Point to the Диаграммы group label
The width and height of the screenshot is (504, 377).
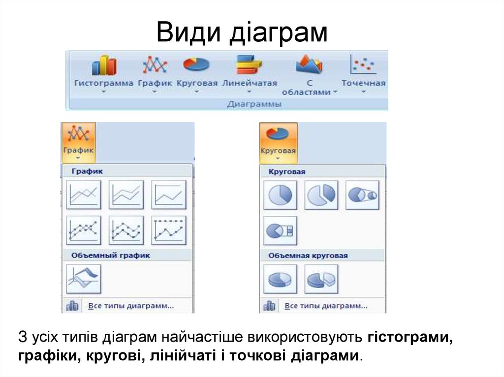254,104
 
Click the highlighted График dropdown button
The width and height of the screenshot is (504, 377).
79,143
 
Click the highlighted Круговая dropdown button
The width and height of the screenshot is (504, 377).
278,143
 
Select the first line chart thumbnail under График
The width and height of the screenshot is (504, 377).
83,195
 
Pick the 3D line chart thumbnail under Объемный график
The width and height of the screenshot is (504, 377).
83,279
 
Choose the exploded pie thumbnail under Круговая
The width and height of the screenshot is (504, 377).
321,195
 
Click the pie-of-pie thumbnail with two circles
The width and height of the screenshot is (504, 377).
362,195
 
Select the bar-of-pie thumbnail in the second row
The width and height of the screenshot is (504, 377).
280,230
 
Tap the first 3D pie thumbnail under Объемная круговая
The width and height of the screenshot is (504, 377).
280,279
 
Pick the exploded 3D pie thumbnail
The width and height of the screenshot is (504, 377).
321,279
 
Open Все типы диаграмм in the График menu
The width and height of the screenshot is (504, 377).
130,306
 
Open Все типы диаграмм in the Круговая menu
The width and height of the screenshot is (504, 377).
326,306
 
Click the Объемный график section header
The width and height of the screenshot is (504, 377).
110,256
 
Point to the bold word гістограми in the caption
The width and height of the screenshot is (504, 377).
409,338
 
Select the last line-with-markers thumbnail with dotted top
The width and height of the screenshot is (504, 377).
169,230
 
